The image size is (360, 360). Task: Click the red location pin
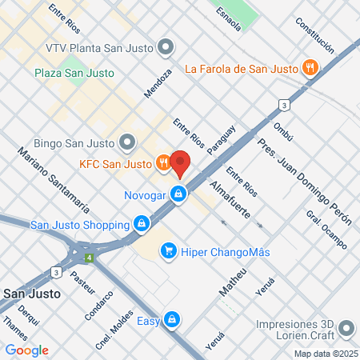180,163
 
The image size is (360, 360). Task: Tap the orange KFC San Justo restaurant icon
163,164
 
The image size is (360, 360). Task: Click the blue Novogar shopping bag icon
182,194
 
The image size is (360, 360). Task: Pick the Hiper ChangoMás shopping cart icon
168,252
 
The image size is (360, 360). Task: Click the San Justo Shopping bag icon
142,224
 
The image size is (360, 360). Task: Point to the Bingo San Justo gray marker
127,143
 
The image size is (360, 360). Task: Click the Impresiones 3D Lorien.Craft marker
346,329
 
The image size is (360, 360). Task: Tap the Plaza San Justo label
74,73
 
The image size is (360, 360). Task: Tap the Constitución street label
314,34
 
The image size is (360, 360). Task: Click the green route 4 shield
90,258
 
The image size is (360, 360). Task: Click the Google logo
26,350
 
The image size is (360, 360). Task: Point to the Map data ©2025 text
324,354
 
